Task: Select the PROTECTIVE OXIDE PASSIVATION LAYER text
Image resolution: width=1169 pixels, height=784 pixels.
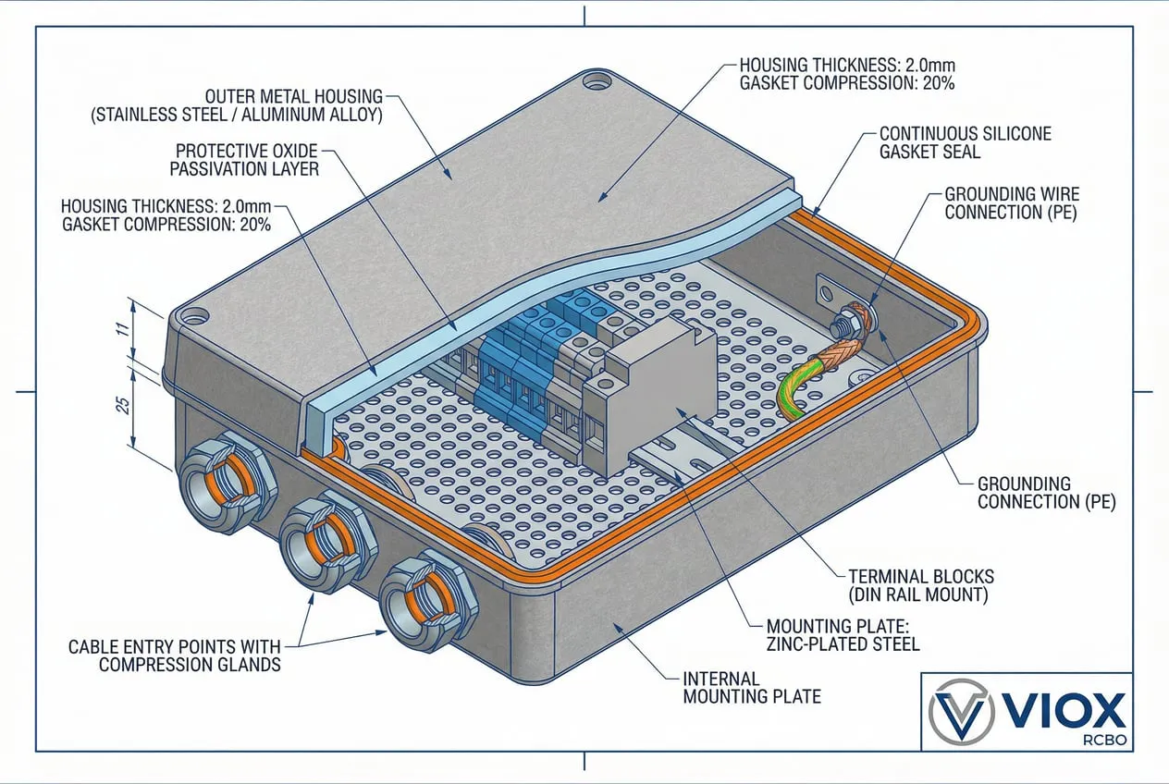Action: pos(246,159)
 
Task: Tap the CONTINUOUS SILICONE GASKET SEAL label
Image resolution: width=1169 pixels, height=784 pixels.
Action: pos(965,142)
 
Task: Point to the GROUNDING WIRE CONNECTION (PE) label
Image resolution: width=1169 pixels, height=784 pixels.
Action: pos(1011,203)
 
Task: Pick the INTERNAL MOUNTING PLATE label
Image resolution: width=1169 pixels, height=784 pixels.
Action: pos(751,687)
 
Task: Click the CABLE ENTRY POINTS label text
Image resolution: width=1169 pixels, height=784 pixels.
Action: pos(174,655)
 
